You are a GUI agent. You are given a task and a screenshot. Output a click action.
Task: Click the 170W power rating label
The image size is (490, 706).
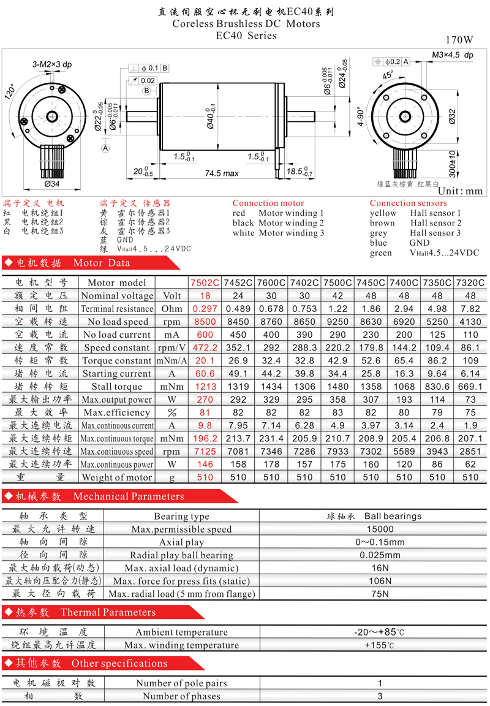459,40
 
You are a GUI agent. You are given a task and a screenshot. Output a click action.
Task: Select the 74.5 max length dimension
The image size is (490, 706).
222,173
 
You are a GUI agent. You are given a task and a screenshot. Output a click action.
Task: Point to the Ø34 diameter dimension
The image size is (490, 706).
51,184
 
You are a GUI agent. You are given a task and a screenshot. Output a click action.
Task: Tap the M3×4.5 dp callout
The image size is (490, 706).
453,55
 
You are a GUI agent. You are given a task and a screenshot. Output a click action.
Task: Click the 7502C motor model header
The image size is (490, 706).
205,283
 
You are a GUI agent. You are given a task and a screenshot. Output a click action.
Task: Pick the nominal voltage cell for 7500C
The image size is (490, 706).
337,296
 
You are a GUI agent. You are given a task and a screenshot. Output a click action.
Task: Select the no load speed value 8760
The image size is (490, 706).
271,322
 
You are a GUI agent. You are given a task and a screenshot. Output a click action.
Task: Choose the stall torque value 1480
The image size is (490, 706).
337,387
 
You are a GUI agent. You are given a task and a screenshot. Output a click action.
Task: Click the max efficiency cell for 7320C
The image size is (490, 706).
470,412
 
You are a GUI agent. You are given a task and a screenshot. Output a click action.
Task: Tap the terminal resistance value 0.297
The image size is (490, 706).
205,309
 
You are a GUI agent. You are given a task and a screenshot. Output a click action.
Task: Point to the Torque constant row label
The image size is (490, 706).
116,360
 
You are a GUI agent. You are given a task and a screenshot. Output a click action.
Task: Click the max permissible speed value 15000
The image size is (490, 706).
380,529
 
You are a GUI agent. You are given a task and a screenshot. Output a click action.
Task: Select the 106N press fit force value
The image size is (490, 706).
380,581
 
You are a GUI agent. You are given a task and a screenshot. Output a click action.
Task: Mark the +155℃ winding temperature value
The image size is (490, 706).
380,645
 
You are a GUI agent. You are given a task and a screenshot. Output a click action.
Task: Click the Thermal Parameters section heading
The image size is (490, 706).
108,612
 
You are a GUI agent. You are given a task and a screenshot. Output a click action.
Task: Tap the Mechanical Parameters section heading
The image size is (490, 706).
129,496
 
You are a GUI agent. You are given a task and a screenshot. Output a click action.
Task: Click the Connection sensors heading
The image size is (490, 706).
408,203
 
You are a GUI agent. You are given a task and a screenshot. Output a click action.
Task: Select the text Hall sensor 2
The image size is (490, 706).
435,223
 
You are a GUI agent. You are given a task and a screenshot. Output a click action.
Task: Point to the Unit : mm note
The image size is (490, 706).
461,191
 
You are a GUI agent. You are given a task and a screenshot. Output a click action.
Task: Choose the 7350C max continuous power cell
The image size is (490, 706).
437,464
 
